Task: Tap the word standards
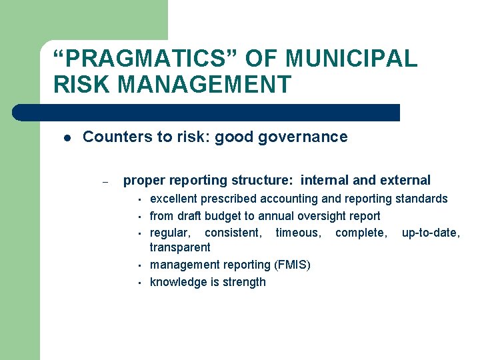422,199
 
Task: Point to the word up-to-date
431,232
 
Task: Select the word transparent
180,247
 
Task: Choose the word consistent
233,232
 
